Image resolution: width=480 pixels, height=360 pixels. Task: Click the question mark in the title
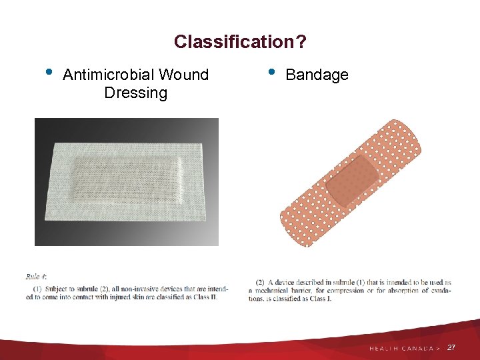pos(302,42)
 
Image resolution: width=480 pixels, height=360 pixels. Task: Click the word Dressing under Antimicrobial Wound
pos(135,93)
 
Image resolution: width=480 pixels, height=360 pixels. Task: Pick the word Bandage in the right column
pos(317,75)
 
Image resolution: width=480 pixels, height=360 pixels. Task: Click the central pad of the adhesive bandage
pos(351,181)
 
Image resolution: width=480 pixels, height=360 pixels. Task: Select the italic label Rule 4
pos(36,277)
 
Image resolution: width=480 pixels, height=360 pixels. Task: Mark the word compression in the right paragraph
pos(347,291)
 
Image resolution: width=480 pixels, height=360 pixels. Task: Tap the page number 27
pos(452,348)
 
